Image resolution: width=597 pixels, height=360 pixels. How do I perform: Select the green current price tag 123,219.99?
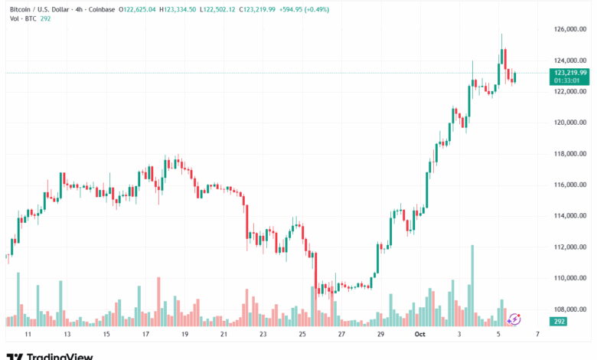click(569, 73)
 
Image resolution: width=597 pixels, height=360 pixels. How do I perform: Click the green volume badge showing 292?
click(559, 322)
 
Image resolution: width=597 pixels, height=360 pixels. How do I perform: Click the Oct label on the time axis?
click(420, 335)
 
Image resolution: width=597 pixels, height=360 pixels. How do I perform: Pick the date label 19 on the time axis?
click(184, 335)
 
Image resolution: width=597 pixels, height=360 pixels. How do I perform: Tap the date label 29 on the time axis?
click(380, 335)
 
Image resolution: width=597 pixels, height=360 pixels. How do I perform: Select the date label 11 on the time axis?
click(28, 335)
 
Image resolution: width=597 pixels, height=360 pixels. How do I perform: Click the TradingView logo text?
click(59, 356)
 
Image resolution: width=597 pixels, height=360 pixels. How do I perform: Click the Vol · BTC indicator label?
click(20, 18)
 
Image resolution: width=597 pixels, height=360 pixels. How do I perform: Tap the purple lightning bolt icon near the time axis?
click(515, 319)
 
